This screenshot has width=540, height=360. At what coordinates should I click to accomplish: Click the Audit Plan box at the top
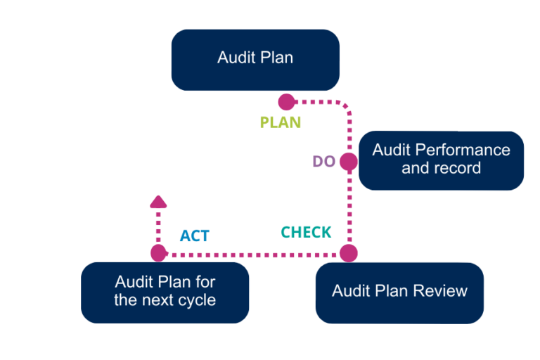255,59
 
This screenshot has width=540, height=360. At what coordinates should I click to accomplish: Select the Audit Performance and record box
441,160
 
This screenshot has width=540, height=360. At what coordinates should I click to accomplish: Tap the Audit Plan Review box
399,291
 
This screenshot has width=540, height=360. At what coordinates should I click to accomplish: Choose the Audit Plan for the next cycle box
165,292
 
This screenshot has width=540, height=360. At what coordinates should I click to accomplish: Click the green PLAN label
281,122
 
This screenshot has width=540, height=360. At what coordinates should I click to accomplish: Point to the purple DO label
324,162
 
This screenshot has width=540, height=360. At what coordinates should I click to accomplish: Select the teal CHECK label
307,233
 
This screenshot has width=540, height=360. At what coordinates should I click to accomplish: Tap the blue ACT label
194,236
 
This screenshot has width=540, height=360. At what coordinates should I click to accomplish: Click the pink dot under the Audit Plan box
286,103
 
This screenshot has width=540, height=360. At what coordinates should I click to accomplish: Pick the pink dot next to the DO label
348,162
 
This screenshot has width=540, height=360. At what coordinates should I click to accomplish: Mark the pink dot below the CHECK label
348,253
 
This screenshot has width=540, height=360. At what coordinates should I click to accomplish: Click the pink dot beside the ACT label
159,253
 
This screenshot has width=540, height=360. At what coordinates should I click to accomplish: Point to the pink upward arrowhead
159,202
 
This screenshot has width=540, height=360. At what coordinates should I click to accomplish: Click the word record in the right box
459,169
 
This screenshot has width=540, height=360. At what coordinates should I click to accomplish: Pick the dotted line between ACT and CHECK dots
253,253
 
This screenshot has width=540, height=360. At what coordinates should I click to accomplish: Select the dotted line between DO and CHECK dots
348,207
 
